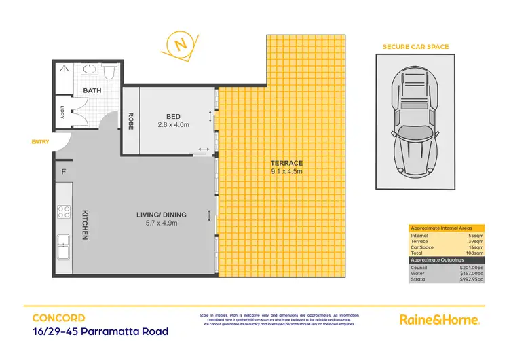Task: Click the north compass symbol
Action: [x=180, y=46]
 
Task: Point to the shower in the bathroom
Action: [x=65, y=71]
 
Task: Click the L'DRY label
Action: [x=62, y=111]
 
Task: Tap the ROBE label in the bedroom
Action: [x=130, y=120]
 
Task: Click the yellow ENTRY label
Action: [x=39, y=141]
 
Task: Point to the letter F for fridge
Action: [x=64, y=171]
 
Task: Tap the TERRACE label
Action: [x=285, y=163]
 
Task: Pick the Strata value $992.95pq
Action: [x=471, y=279]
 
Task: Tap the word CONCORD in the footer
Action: [x=58, y=317]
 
